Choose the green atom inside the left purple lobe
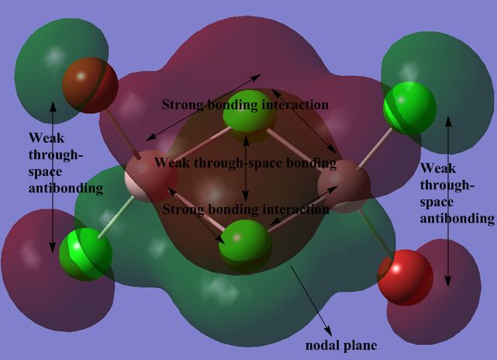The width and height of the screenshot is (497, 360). (85, 251)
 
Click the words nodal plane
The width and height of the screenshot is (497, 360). (336, 341)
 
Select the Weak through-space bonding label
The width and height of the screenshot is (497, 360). (245, 164)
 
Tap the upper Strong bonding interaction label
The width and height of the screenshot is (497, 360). (245, 104)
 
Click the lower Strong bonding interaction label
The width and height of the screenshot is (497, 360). (245, 209)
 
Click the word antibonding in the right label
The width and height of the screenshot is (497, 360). (457, 219)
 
